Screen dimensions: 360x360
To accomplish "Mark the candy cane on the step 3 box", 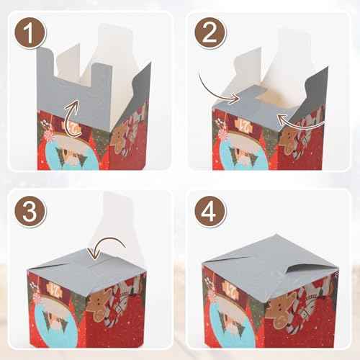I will pos(130,302).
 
